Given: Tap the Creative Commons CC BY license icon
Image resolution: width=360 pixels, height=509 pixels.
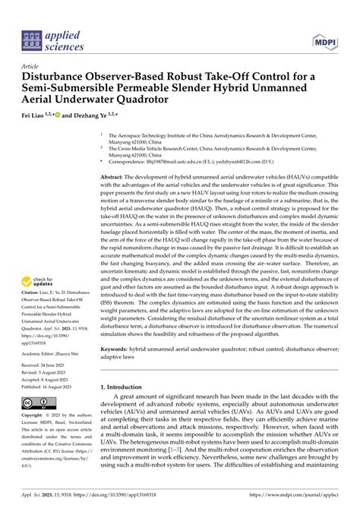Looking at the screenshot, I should (36, 402).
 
